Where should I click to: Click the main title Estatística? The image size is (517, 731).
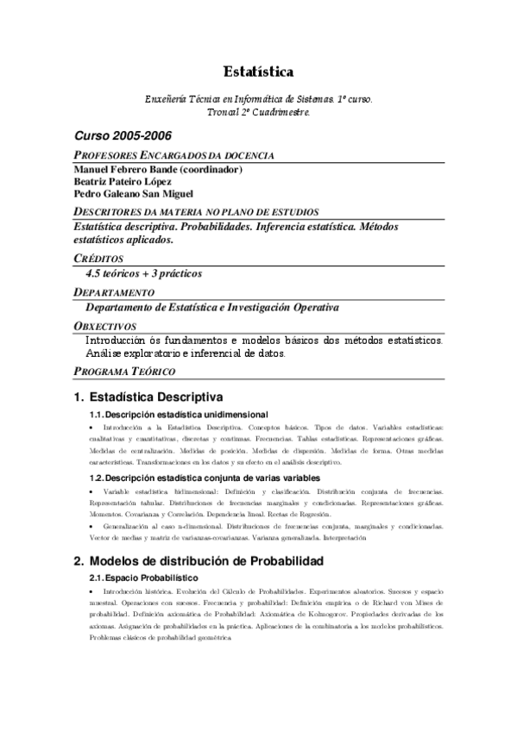pyautogui.click(x=258, y=72)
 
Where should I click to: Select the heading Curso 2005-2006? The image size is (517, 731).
pyautogui.click(x=122, y=136)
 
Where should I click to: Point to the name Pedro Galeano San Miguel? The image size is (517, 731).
pyautogui.click(x=134, y=194)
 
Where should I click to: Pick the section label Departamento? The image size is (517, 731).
pyautogui.click(x=114, y=292)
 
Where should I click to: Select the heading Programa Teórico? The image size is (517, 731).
pyautogui.click(x=125, y=372)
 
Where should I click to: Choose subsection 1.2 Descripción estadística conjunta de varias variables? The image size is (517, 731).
pyautogui.click(x=205, y=478)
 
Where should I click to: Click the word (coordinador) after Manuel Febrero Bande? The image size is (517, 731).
pyautogui.click(x=211, y=170)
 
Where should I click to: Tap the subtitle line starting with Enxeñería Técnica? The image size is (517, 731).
pyautogui.click(x=258, y=100)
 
